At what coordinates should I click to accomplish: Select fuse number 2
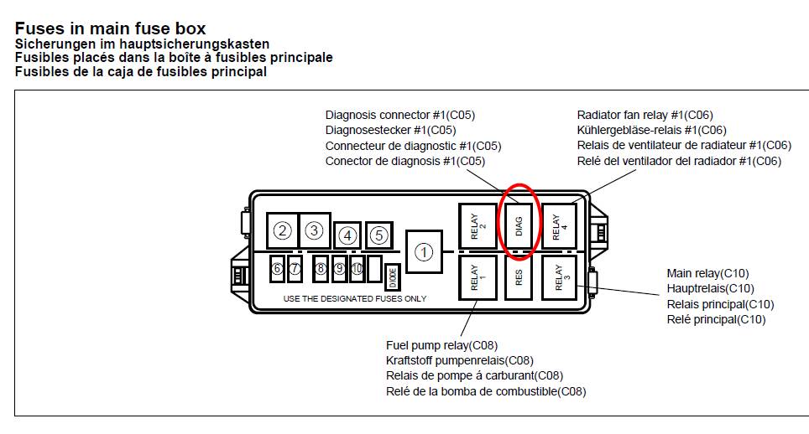pos(283,230)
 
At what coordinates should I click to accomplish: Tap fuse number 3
pos(314,230)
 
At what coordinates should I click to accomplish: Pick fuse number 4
pos(347,236)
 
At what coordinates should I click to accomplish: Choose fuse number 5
pos(379,235)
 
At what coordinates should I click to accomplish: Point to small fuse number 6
pos(277,269)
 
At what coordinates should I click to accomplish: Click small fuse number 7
pos(295,269)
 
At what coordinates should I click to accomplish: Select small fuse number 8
pos(321,269)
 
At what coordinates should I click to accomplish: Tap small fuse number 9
pos(339,269)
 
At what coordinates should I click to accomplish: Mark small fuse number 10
pos(357,269)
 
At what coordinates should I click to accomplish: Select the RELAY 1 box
pos(476,278)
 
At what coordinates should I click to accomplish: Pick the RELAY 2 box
pos(476,226)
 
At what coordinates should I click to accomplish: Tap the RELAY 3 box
pos(559,278)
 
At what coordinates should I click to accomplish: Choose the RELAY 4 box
pos(559,226)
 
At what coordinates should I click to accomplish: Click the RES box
pos(519,278)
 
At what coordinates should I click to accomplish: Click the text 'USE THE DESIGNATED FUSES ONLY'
pos(354,298)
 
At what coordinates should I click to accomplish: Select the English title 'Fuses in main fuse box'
pos(110,29)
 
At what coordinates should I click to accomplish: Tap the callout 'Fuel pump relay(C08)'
pos(442,344)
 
